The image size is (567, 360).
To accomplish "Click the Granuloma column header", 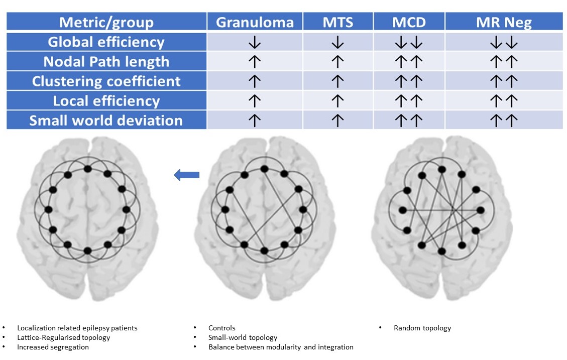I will click(254, 22).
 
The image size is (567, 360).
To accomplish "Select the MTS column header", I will click(337, 22).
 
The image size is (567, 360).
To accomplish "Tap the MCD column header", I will click(408, 22).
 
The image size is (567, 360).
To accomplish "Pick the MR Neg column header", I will click(504, 22).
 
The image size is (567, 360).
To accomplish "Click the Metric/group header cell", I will click(106, 22).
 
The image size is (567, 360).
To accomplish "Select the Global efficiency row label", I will click(106, 42).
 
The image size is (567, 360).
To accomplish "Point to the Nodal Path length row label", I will click(106, 62).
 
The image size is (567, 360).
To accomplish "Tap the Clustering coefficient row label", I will click(106, 81).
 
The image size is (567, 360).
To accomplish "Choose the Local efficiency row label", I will click(106, 101).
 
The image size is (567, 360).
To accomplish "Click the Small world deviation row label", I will click(106, 121).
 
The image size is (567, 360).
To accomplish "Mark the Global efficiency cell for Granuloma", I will click(255, 43).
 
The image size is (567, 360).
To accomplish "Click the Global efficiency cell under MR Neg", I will click(504, 43).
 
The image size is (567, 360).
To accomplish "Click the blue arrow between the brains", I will click(186, 175).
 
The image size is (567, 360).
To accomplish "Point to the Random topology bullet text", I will click(422, 328).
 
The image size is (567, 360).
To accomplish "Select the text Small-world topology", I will click(243, 337).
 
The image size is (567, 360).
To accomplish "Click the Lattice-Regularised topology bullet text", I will click(63, 337).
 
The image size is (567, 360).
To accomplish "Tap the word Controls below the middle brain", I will click(222, 328).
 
